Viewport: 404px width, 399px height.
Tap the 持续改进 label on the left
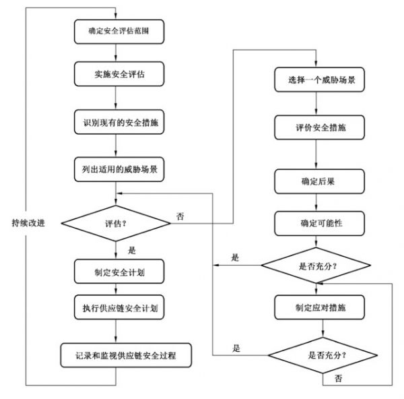click(x=28, y=222)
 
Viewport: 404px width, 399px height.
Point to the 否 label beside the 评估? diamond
click(x=179, y=216)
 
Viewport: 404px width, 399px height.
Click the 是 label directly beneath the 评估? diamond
click(x=131, y=250)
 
